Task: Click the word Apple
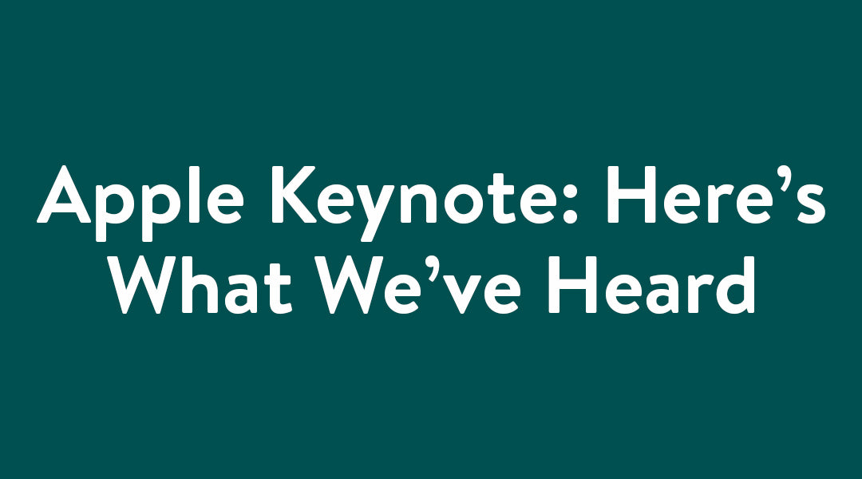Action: click(x=140, y=203)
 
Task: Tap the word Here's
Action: click(x=716, y=195)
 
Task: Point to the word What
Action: click(x=204, y=285)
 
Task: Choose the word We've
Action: click(x=417, y=285)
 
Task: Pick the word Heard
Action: click(x=652, y=285)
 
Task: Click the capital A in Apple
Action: click(x=65, y=194)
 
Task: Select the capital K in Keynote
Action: click(x=294, y=195)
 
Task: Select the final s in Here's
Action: click(x=809, y=203)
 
